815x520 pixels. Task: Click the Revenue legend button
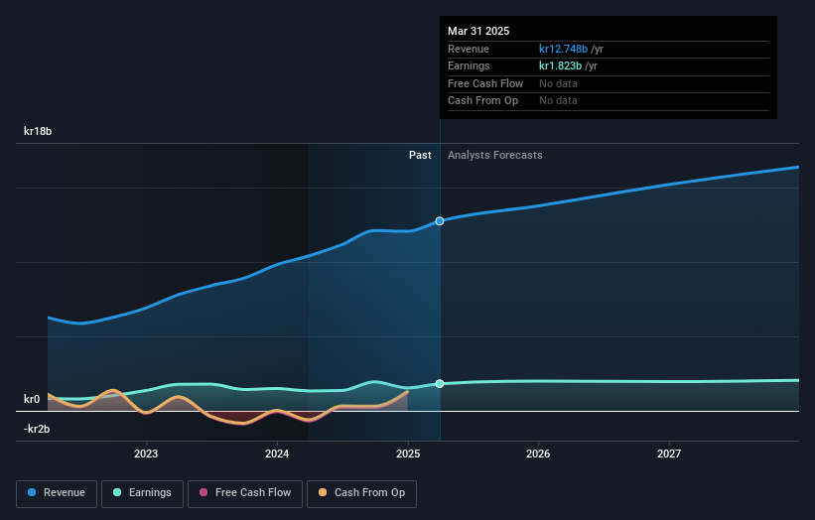coord(57,492)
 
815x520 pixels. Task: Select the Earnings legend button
coord(142,492)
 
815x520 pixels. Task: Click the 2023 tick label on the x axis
coord(146,455)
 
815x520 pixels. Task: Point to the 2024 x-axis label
coord(277,455)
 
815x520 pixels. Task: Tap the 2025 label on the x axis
coord(408,455)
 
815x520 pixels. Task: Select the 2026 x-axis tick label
coord(538,455)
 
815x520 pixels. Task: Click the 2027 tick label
coord(669,455)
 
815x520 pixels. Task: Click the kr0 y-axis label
coord(32,399)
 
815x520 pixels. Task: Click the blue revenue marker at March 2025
coord(440,220)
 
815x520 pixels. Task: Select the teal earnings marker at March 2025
coord(440,383)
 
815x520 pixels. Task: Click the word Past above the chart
coord(420,155)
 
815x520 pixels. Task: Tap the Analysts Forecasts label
coord(494,155)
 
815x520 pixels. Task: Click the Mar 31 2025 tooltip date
coord(478,31)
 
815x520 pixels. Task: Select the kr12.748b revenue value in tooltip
coord(563,49)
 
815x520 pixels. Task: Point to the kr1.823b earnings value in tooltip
coord(561,65)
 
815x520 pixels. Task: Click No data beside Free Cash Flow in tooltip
coord(558,83)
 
